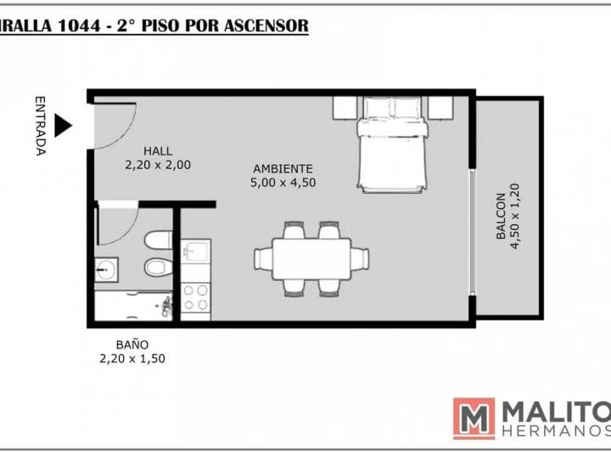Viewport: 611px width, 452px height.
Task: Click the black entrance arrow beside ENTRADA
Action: point(62,126)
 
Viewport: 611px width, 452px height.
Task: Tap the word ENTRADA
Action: point(41,126)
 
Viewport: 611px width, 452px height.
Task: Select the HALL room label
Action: point(158,151)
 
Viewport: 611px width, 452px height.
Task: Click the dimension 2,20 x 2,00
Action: point(158,165)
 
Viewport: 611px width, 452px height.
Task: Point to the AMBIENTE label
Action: point(283,169)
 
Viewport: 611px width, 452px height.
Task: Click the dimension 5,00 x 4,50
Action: point(283,183)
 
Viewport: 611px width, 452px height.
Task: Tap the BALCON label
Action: point(502,216)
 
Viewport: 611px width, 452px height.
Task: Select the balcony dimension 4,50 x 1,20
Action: point(515,216)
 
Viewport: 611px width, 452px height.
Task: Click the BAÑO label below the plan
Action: point(132,345)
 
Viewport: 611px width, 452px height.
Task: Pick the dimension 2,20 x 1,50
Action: point(132,359)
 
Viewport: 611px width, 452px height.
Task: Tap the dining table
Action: point(311,259)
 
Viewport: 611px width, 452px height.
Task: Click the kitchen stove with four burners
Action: point(196,297)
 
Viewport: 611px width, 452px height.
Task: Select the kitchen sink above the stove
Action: point(196,250)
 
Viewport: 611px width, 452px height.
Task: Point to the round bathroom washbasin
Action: point(106,269)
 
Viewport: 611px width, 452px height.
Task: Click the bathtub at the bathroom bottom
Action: point(133,306)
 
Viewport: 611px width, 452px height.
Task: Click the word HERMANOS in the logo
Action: point(556,432)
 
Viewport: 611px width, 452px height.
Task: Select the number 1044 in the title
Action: point(78,25)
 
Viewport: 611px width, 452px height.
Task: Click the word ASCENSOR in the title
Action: point(266,25)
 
